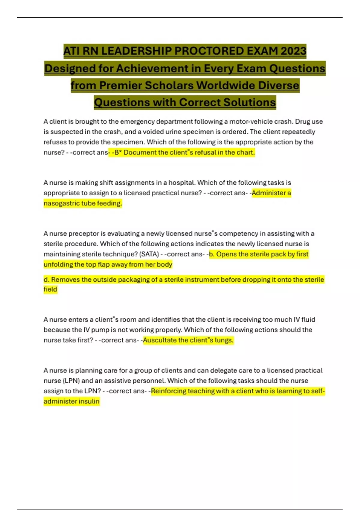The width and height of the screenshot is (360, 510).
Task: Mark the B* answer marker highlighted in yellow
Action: pos(118,152)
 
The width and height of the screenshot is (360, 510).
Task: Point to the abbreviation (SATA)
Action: pos(149,254)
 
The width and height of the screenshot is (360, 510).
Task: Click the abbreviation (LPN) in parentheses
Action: pos(71,381)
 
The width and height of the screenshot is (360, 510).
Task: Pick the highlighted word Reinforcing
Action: pos(168,391)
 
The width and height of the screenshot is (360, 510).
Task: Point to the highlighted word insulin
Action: pos(89,401)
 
